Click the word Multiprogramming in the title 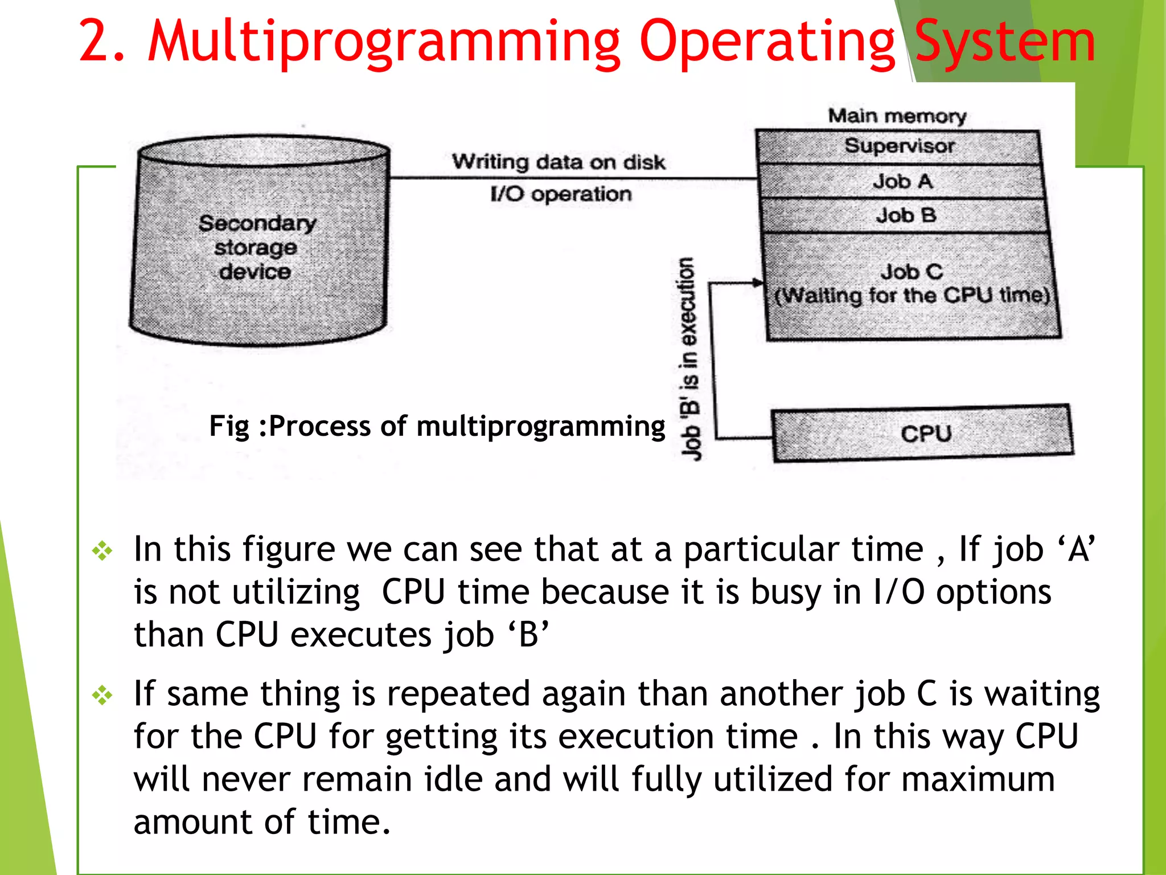click(384, 42)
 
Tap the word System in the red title click(1005, 42)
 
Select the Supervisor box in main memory click(899, 146)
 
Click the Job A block click(902, 182)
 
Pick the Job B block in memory click(905, 215)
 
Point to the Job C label click(912, 272)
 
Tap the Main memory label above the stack click(897, 116)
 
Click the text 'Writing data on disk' click(559, 162)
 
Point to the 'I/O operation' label click(561, 194)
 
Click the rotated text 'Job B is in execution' click(689, 359)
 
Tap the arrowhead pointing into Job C click(757, 283)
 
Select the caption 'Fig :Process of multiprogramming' click(437, 426)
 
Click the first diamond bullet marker click(102, 550)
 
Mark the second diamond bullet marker click(102, 695)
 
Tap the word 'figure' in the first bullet click(288, 550)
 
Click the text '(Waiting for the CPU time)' click(912, 296)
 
